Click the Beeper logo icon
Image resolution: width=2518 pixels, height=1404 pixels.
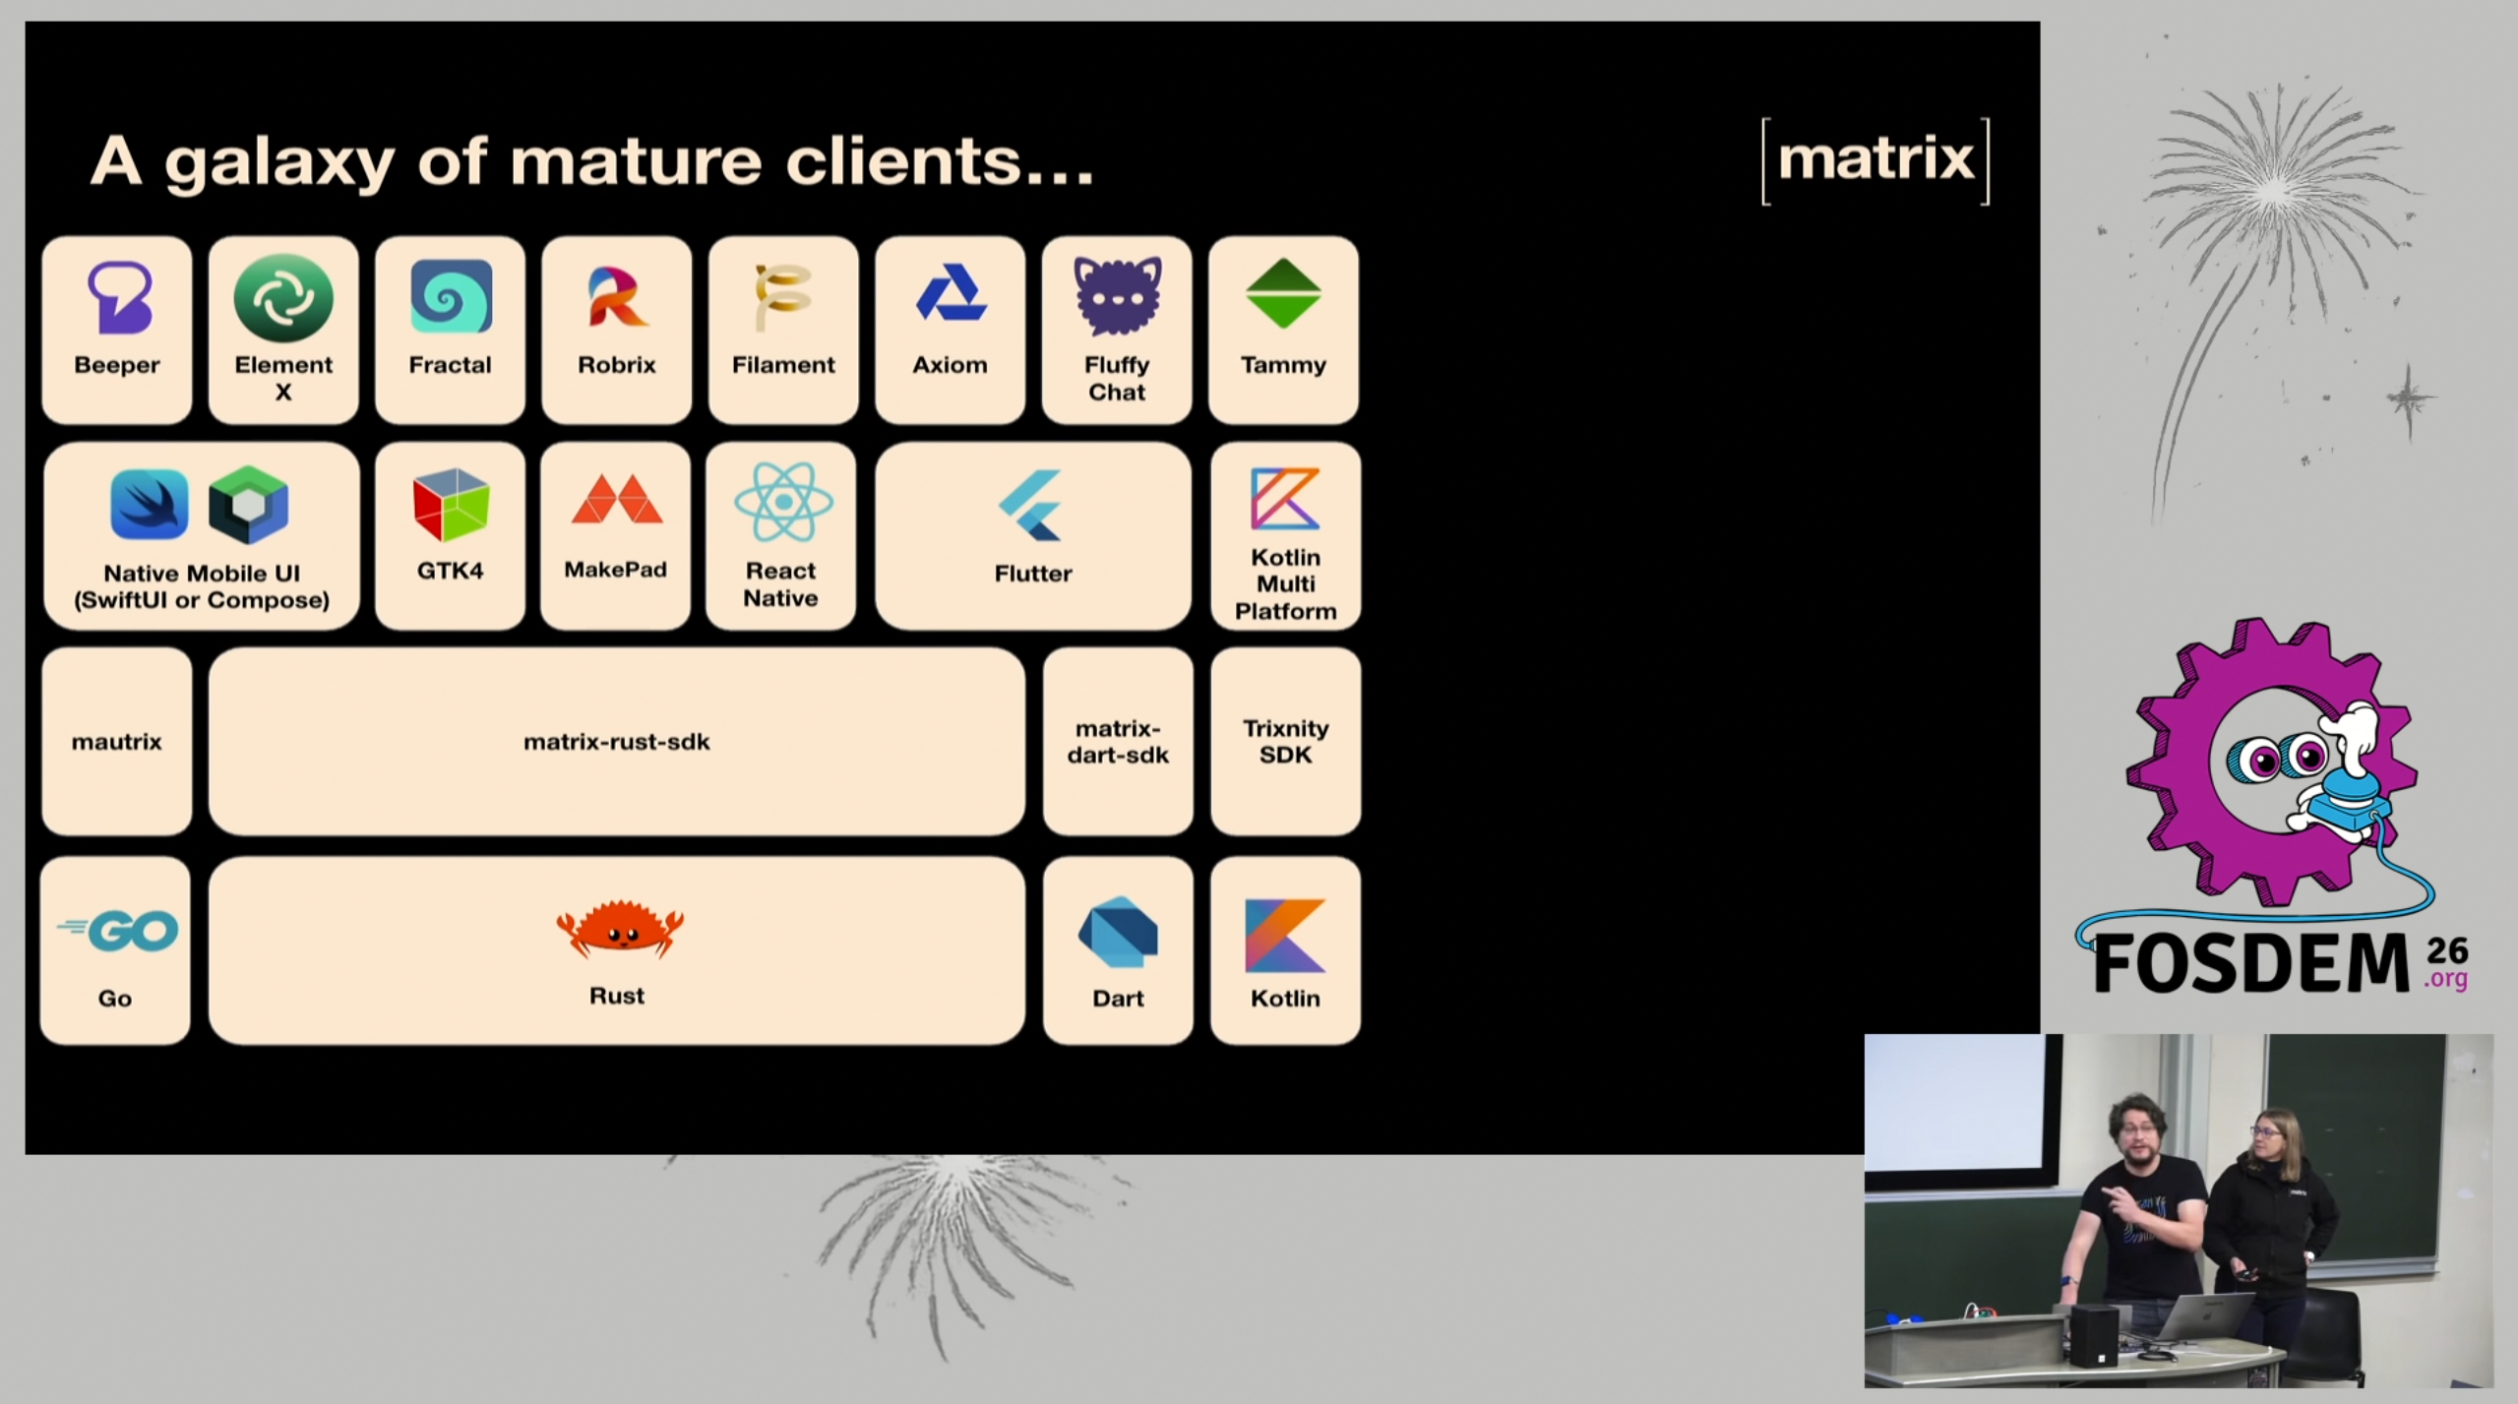click(x=119, y=297)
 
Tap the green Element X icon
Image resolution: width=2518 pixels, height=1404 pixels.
click(x=283, y=297)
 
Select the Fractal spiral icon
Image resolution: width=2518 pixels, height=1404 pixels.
click(x=451, y=297)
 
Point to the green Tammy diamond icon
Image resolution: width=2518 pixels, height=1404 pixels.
click(x=1283, y=293)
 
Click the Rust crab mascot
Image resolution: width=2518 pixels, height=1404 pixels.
click(x=619, y=929)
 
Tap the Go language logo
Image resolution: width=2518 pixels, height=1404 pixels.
click(x=119, y=930)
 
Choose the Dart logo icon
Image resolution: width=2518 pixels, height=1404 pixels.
click(x=1118, y=932)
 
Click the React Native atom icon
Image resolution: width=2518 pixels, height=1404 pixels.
click(x=783, y=502)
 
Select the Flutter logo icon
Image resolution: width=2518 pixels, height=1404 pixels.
click(x=1031, y=505)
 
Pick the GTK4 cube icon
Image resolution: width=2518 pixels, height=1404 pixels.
click(x=451, y=505)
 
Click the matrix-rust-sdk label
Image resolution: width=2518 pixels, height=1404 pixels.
click(x=617, y=742)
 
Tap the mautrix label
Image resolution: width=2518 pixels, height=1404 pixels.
click(x=116, y=742)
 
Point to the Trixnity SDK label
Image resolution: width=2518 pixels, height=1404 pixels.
click(x=1285, y=742)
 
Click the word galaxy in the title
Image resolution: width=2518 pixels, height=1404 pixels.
click(x=279, y=162)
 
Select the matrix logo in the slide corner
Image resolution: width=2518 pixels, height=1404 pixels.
click(x=1875, y=160)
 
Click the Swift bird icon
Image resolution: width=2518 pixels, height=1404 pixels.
click(x=150, y=504)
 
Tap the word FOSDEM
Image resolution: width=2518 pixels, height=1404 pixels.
click(x=2251, y=963)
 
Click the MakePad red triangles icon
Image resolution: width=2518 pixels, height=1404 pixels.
click(x=617, y=501)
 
